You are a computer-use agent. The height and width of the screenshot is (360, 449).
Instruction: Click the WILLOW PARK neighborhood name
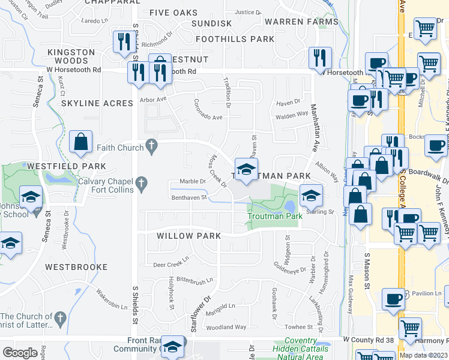185,236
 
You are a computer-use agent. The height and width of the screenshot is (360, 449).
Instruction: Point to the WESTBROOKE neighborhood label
76,267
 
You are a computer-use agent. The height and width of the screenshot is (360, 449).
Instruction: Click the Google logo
20,353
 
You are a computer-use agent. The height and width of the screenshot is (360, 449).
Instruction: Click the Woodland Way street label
226,327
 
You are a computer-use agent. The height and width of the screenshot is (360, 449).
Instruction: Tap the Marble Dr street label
193,181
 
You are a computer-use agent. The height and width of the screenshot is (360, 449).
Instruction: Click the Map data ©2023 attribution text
423,355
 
